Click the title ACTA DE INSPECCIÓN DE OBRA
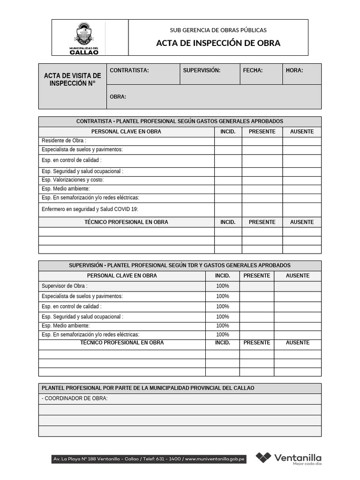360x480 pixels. pos(218,43)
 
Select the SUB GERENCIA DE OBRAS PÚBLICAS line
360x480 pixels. pos(218,30)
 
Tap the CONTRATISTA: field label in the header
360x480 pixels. pos(129,70)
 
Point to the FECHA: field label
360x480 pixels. pos(253,70)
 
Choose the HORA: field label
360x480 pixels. pos(294,70)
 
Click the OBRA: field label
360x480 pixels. pos(118,97)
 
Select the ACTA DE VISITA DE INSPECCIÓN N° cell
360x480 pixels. pos(73,79)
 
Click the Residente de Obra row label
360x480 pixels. pos(64,141)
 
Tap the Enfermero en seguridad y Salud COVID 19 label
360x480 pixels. pos(90,209)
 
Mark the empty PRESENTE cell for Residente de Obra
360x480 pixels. pos(262,141)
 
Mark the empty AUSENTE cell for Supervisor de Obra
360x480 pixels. pos(298,286)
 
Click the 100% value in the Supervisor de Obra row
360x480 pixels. pos(223,286)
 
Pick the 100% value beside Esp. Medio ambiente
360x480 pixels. pos(223,326)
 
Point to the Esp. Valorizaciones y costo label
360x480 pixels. pos(73,180)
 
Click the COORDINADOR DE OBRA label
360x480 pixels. pos(75,398)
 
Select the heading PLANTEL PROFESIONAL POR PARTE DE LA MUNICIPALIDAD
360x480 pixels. pos(148,388)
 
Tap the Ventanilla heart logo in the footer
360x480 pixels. pos(263,458)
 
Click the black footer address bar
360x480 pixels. pos(149,459)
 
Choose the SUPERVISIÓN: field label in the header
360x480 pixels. pos(202,70)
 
